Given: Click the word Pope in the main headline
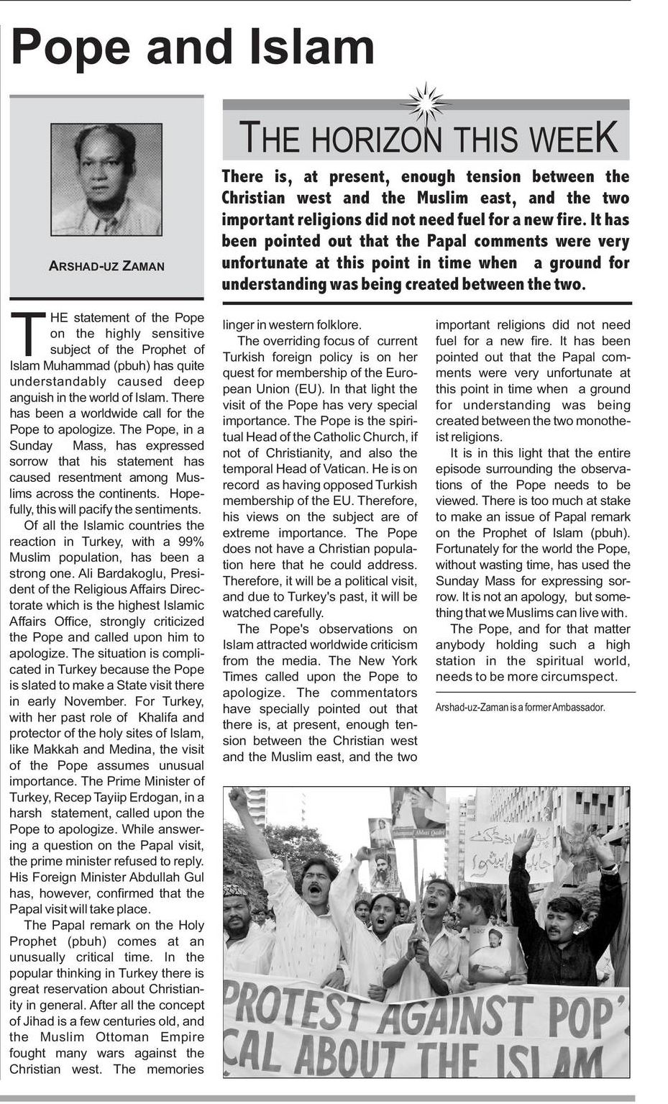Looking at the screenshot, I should pyautogui.click(x=71, y=48).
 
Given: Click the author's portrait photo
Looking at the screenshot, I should pyautogui.click(x=106, y=179).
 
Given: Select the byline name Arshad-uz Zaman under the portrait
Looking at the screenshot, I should pyautogui.click(x=106, y=266).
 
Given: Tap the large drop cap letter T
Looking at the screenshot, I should pyautogui.click(x=27, y=334).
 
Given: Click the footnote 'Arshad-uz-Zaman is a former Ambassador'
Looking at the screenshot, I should pyautogui.click(x=520, y=708).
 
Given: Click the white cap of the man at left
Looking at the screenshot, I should pyautogui.click(x=235, y=890).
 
